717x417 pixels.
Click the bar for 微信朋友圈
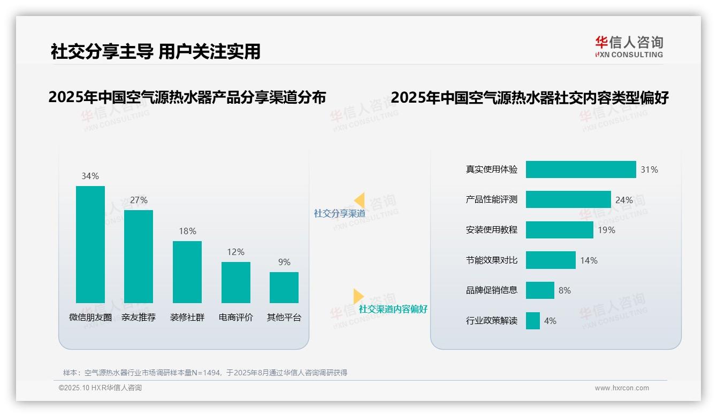click(90, 244)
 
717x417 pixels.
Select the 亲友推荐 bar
click(139, 257)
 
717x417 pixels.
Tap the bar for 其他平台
click(284, 288)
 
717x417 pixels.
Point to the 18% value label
click(187, 231)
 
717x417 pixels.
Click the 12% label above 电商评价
click(235, 252)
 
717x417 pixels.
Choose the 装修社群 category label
click(187, 317)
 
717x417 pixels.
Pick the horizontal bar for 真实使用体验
click(581, 169)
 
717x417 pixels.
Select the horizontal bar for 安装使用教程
click(559, 230)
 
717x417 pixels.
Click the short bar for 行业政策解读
click(533, 321)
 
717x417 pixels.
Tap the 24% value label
click(624, 200)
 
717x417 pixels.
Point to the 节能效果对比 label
click(492, 260)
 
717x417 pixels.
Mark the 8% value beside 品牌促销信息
click(565, 290)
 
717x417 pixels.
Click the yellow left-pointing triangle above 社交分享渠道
click(360, 200)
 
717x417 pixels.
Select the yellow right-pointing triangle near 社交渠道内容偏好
click(358, 296)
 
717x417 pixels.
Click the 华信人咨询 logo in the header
click(629, 47)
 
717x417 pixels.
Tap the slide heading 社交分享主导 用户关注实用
click(155, 51)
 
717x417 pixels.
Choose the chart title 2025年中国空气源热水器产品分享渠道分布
click(187, 97)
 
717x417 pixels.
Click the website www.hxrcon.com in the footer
click(622, 388)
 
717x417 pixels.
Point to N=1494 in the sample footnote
click(206, 373)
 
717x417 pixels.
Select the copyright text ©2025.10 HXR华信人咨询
click(100, 388)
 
